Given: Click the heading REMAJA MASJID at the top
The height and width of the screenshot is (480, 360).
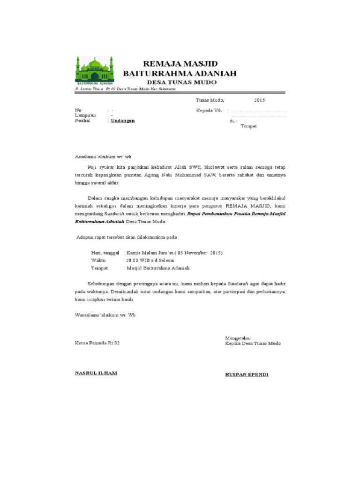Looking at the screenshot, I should (x=180, y=64).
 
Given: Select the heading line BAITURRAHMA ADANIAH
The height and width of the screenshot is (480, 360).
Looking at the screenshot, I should (x=180, y=73).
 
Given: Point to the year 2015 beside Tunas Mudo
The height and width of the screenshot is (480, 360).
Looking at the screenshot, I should (x=259, y=100).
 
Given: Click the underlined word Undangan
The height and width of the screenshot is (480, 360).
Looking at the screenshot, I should (x=122, y=120).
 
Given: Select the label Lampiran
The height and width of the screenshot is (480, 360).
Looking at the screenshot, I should (x=85, y=115).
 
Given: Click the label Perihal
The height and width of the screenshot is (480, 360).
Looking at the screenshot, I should (x=82, y=120).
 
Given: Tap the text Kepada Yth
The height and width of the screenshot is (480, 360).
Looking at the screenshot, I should (x=209, y=110).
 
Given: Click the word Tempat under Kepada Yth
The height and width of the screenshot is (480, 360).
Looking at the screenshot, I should (x=248, y=126).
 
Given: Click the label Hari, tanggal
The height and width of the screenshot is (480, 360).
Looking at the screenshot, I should (x=105, y=253).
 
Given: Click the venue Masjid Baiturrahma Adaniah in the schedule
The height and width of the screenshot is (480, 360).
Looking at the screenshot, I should (x=158, y=268).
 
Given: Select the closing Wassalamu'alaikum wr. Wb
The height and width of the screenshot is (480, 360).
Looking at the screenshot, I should (x=105, y=315).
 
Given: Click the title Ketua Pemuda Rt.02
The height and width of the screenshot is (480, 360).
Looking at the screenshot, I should (x=97, y=343).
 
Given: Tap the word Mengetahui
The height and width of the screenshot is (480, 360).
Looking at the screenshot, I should (x=238, y=337).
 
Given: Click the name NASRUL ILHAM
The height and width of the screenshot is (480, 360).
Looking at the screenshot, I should (x=96, y=373).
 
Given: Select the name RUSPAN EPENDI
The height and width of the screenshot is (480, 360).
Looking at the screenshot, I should (x=247, y=374).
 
